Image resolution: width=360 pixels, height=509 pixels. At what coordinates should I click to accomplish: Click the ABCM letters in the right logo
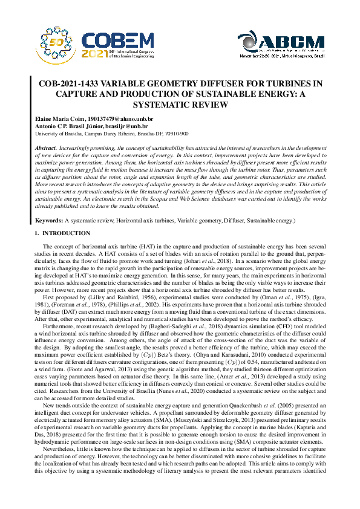point(293,41)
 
